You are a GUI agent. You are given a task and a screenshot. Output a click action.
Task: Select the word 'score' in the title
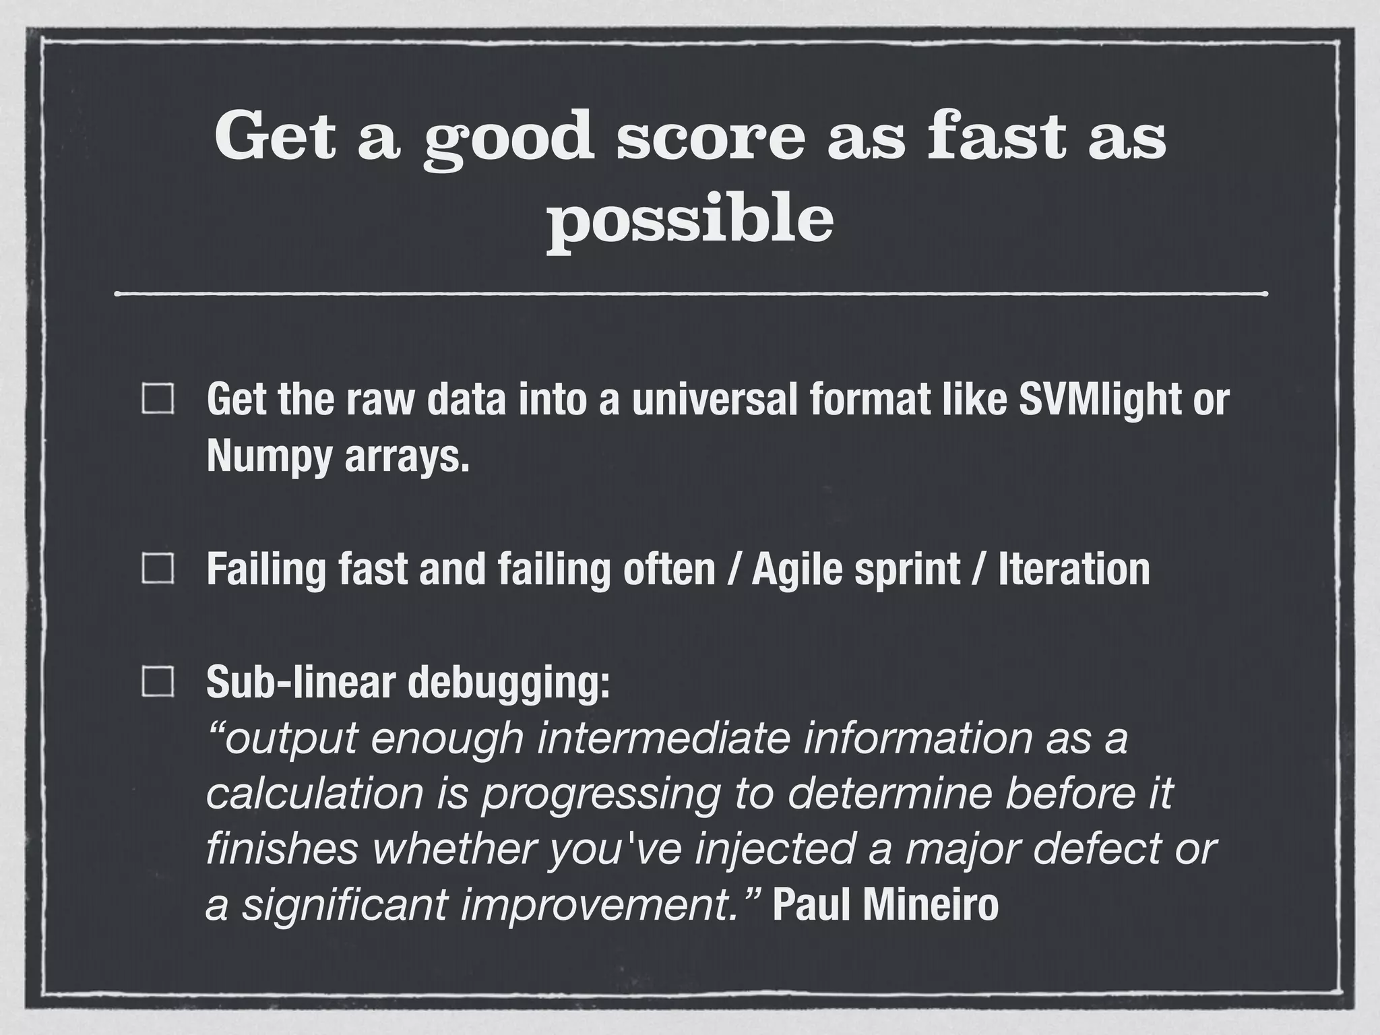[711, 138]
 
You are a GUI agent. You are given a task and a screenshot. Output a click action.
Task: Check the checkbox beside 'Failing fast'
[158, 569]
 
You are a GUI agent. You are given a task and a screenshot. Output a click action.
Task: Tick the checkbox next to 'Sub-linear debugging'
[158, 682]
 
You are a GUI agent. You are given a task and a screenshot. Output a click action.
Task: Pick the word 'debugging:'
[509, 683]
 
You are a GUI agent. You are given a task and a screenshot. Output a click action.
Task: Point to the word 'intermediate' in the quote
[663, 738]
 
